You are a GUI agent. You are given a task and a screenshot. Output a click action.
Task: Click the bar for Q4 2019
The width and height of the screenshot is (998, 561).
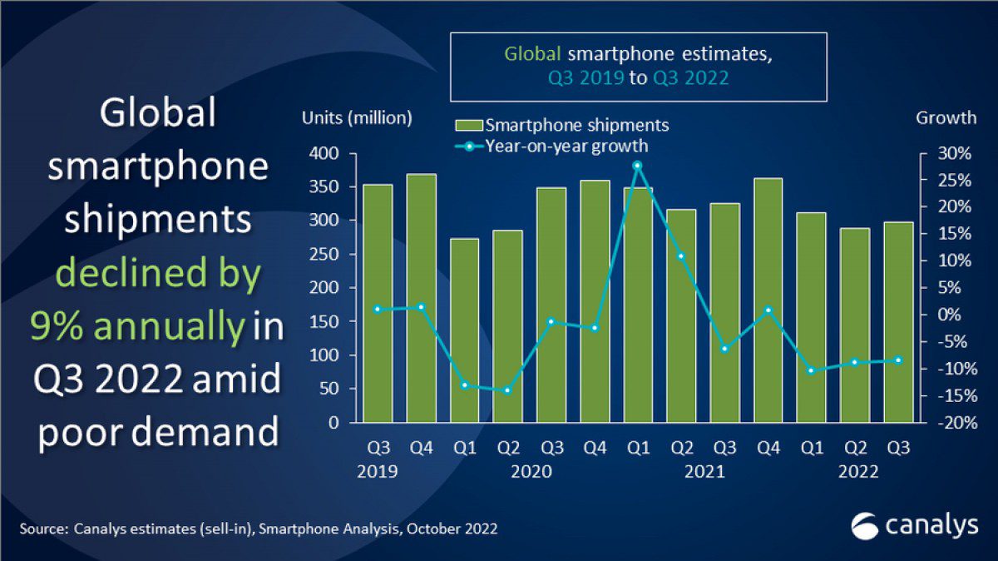422,300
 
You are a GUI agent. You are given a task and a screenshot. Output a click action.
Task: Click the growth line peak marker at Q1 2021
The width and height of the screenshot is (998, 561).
637,166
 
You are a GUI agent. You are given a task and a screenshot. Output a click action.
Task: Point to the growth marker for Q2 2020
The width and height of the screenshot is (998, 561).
508,390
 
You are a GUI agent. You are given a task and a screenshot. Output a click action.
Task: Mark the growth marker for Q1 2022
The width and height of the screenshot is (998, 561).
811,370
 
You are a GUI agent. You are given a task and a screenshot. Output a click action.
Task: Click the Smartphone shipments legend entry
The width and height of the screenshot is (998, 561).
561,126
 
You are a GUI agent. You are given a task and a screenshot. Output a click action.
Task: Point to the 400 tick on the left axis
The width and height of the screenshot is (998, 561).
325,154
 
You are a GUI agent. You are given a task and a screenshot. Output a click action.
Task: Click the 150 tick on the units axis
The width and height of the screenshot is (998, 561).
325,322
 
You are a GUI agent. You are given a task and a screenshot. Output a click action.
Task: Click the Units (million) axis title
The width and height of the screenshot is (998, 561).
357,118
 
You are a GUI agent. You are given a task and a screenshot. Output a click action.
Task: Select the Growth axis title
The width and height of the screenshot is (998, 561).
946,118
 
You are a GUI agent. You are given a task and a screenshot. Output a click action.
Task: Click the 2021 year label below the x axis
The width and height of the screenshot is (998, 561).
704,472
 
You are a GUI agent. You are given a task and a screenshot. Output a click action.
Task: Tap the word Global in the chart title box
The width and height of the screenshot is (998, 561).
534,55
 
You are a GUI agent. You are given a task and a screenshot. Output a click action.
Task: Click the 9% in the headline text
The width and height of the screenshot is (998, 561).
57,327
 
